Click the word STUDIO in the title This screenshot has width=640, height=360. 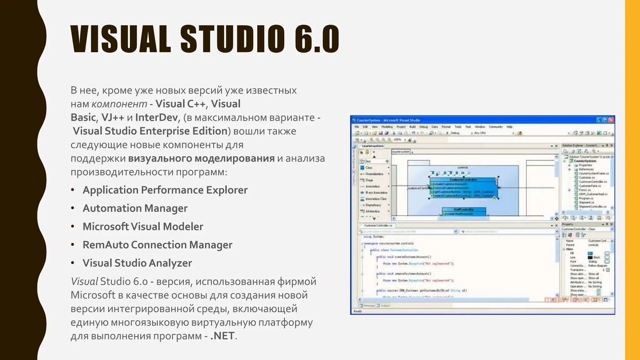pos(233,39)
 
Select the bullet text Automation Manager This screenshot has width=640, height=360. pos(135,208)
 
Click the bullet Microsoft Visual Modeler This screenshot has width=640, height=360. pos(143,227)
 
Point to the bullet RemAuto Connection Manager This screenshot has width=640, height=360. pos(157,245)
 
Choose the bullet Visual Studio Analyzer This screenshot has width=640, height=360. pos(137,263)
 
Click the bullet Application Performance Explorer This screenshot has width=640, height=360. pos(165,190)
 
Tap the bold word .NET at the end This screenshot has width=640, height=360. pos(222,336)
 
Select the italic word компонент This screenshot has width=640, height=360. pos(119,104)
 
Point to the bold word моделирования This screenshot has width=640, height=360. pos(234,158)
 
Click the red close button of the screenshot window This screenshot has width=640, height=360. pos(611,120)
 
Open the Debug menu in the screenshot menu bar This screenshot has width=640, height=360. pos(423,127)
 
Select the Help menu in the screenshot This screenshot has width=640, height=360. pos(510,127)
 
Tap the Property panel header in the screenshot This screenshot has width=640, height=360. pos(568,224)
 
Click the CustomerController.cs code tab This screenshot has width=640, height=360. pos(378,225)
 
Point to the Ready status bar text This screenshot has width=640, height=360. pos(357,311)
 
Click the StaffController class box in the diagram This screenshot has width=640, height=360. pos(464,210)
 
